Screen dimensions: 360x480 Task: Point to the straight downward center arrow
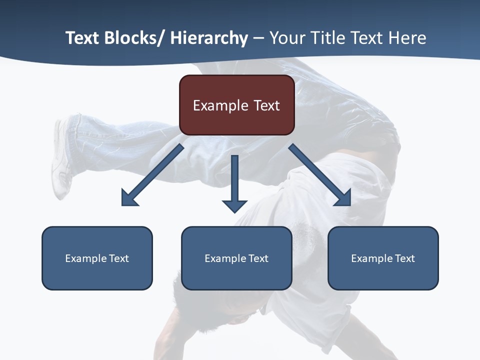coord(234,180)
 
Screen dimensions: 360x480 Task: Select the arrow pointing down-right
coord(320,175)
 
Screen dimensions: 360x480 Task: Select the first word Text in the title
coord(82,38)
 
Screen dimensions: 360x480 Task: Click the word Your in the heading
coord(286,38)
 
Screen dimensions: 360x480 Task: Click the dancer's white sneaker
coord(60,160)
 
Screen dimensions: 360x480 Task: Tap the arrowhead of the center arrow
coord(234,205)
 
